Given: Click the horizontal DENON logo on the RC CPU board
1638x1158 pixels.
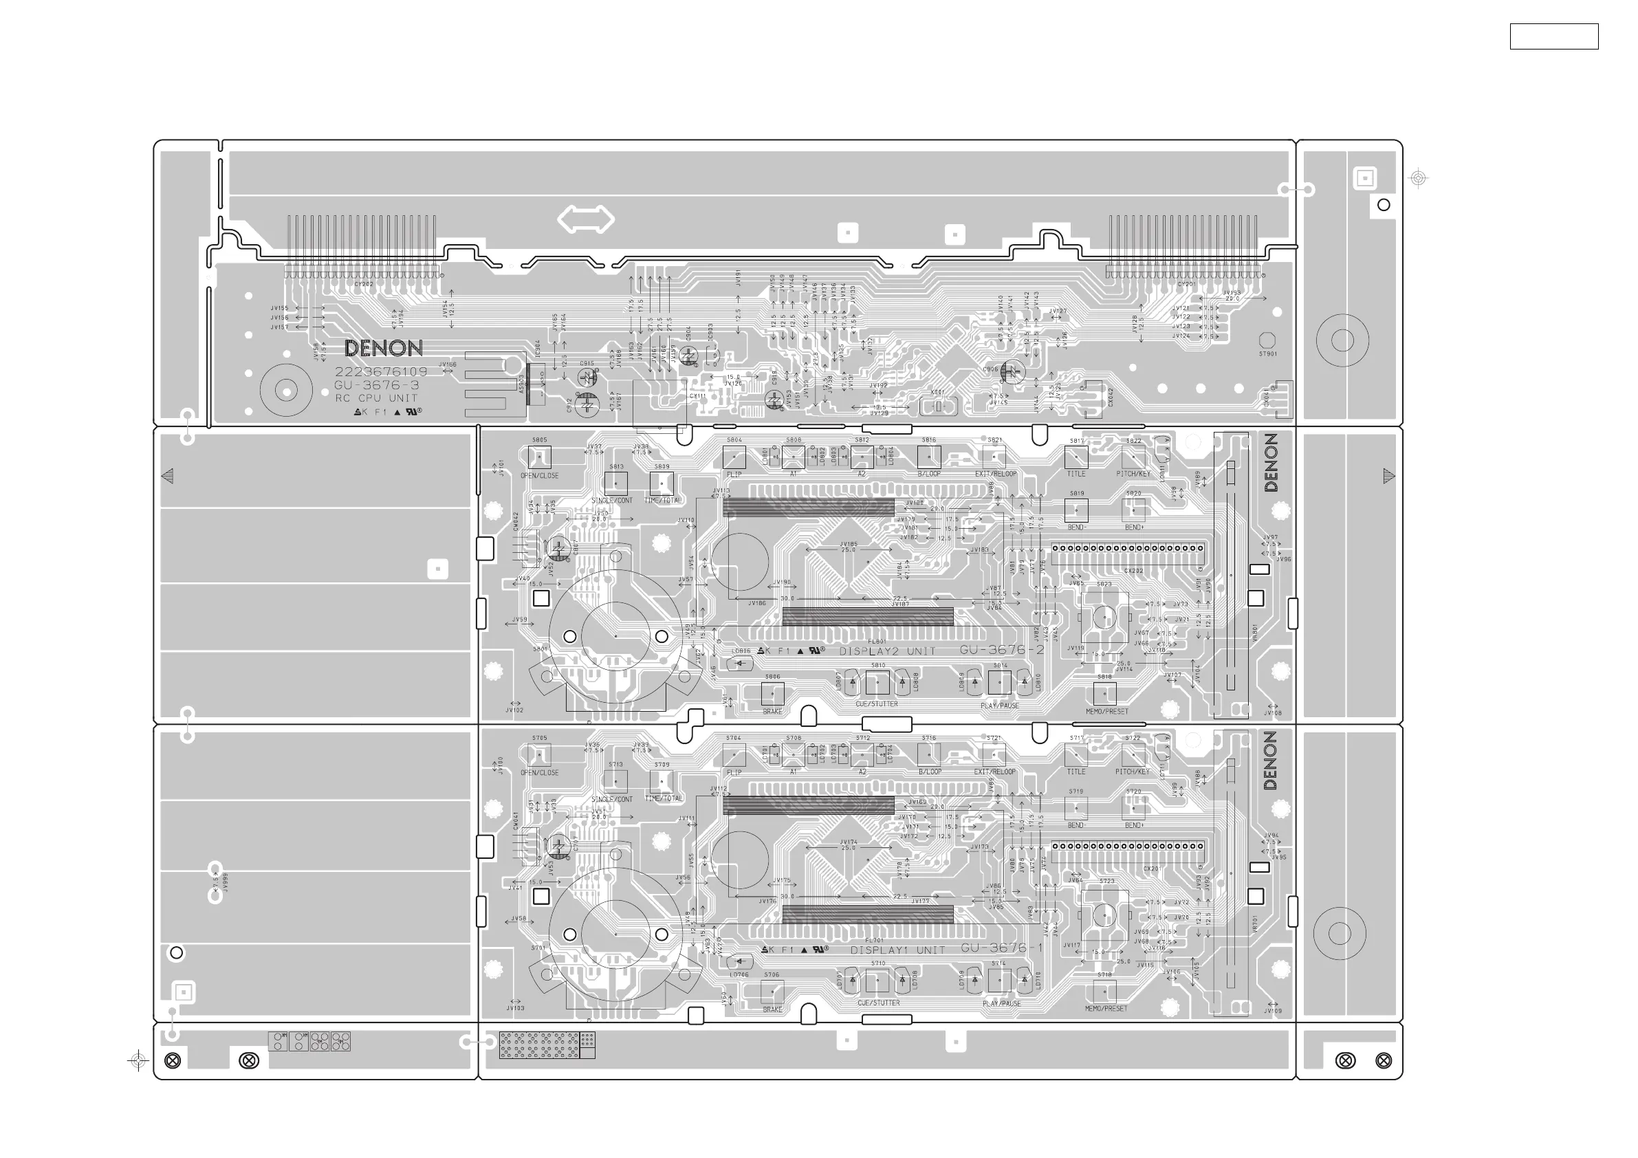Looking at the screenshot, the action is [x=383, y=348].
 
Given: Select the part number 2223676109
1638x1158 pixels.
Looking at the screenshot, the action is [x=381, y=372].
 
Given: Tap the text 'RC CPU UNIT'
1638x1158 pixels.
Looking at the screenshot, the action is [x=376, y=398].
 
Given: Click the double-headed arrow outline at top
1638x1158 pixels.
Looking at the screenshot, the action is [x=585, y=219].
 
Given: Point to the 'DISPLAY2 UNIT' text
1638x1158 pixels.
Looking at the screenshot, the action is [x=887, y=651].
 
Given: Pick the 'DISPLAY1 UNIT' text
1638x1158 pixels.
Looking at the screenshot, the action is [x=897, y=950].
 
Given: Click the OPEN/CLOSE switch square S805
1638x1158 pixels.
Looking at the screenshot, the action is [x=539, y=457].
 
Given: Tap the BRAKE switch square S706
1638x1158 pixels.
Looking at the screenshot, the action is [x=773, y=991].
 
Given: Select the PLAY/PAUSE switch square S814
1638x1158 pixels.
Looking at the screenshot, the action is [x=999, y=683].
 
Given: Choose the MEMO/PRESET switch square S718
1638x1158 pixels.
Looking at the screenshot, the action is [x=1104, y=991].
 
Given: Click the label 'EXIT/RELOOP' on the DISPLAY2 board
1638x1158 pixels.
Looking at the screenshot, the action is [x=996, y=474].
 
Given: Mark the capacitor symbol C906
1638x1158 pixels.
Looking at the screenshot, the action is [x=1012, y=371].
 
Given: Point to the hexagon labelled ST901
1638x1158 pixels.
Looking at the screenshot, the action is [x=1267, y=340].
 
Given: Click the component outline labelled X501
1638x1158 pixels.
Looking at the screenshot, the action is [x=938, y=406].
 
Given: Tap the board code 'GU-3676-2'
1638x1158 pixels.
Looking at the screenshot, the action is [x=1002, y=650].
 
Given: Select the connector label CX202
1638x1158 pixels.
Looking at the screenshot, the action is [x=1134, y=571].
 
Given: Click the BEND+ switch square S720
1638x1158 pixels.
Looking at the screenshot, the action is [x=1134, y=808].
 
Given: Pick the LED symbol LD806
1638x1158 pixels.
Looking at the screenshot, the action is [x=740, y=664].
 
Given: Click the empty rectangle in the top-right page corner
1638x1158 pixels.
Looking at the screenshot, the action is [x=1554, y=36].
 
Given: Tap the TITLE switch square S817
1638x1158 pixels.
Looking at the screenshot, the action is [x=1075, y=457].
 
